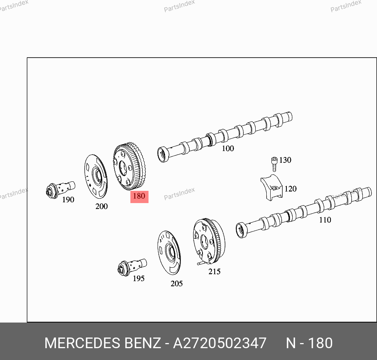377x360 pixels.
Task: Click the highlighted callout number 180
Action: [x=139, y=196]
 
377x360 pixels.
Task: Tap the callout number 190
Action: [x=68, y=200]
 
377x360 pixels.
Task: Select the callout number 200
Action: [x=102, y=206]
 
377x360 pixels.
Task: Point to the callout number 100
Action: [x=228, y=148]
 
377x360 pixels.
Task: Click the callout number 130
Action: [x=285, y=160]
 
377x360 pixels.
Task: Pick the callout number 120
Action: [x=290, y=188]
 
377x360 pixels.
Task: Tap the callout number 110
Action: [x=325, y=220]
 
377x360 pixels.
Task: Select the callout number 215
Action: [x=214, y=271]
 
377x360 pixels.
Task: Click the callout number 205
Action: [x=176, y=284]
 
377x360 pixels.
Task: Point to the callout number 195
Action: [x=139, y=278]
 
